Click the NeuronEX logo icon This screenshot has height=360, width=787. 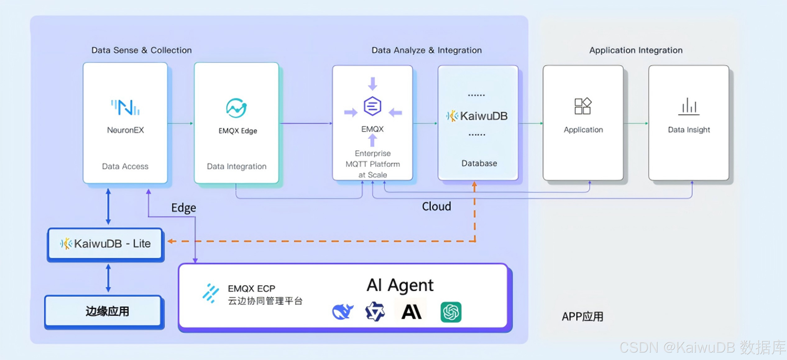click(x=125, y=108)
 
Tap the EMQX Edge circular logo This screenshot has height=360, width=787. click(x=236, y=108)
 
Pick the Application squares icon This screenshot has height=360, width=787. click(x=583, y=106)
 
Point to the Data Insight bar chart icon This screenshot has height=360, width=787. click(x=689, y=106)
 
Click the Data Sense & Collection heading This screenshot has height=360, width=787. click(x=142, y=50)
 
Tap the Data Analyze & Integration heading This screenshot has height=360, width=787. click(x=426, y=50)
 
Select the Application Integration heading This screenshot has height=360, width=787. click(x=636, y=50)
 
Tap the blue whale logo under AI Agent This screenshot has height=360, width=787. click(x=343, y=312)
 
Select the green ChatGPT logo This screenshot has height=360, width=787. click(x=451, y=312)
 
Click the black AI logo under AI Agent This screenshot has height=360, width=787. click(x=411, y=312)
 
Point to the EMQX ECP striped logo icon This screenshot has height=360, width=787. click(x=211, y=293)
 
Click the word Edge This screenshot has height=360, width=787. click(x=184, y=208)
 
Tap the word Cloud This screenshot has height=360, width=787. click(x=436, y=207)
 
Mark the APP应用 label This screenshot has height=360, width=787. click(x=582, y=317)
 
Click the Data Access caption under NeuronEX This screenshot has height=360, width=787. click(x=125, y=166)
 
